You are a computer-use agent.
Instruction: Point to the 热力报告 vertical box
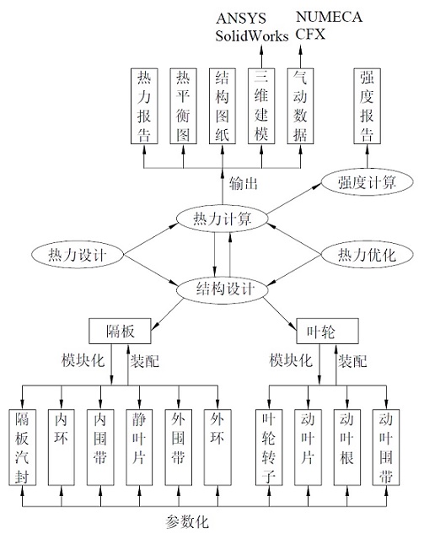pyautogui.click(x=144, y=106)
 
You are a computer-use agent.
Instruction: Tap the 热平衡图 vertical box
pyautogui.click(x=183, y=106)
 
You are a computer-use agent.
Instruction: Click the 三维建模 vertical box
pyautogui.click(x=261, y=106)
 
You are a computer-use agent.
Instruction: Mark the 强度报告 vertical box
pyautogui.click(x=367, y=106)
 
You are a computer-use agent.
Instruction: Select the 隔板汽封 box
pyautogui.click(x=23, y=447)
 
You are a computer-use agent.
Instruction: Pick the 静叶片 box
pyautogui.click(x=139, y=447)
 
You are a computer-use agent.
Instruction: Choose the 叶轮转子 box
pyautogui.click(x=269, y=447)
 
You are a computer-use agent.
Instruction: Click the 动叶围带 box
pyautogui.click(x=386, y=447)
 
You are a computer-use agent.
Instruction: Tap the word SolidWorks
pyautogui.click(x=252, y=35)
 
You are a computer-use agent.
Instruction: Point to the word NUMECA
pyautogui.click(x=329, y=17)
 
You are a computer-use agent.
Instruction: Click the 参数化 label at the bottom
pyautogui.click(x=187, y=521)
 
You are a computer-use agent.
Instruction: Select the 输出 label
pyautogui.click(x=244, y=184)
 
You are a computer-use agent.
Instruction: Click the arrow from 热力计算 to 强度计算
pyautogui.click(x=294, y=199)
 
